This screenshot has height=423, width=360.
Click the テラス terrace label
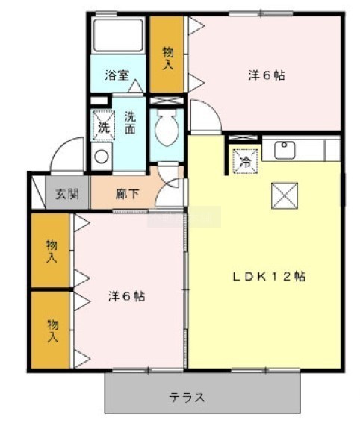click(x=186, y=398)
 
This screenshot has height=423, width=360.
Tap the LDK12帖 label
click(x=269, y=277)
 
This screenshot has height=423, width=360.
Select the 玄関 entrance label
click(x=67, y=194)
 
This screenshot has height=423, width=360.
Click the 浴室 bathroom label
click(x=117, y=75)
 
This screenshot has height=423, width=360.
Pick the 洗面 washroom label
click(x=130, y=123)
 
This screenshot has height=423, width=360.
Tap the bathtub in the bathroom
click(x=118, y=34)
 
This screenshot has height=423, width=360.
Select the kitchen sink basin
click(x=285, y=150)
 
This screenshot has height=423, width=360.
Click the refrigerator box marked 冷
click(x=246, y=161)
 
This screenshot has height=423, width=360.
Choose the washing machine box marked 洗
click(x=104, y=126)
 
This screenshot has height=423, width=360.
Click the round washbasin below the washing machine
click(x=102, y=157)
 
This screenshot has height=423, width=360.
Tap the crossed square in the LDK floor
click(x=285, y=195)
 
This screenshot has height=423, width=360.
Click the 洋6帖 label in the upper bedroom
click(x=267, y=75)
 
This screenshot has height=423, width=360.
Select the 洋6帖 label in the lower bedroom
click(x=127, y=296)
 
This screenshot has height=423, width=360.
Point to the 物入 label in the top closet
click(x=168, y=58)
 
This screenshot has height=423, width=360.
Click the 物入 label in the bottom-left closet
click(x=52, y=330)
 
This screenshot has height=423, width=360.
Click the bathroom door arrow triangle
click(x=136, y=86)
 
